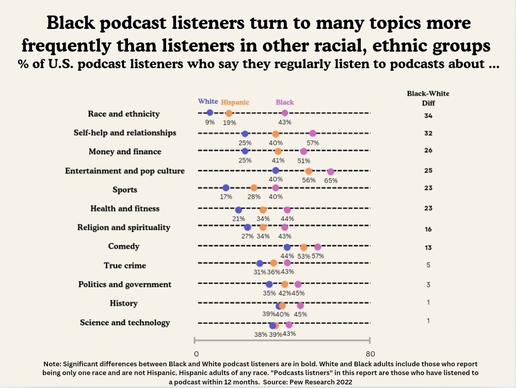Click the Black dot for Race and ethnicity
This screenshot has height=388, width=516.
[x=285, y=113]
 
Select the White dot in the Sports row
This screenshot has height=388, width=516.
[x=225, y=188]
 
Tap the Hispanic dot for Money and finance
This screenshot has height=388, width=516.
[x=278, y=151]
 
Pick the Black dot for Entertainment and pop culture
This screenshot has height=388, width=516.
[x=331, y=172]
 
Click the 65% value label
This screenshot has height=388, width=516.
[x=331, y=180]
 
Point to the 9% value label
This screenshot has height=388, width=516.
[x=209, y=122]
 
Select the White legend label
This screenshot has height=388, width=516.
[x=208, y=102]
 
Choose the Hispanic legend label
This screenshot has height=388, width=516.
[x=235, y=102]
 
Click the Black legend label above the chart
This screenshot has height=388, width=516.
[x=285, y=102]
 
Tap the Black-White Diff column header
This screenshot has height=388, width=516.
[x=428, y=98]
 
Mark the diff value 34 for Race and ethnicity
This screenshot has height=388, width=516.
[x=428, y=115]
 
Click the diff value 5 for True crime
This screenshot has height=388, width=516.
[x=428, y=265]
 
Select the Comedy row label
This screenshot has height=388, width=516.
[x=124, y=246]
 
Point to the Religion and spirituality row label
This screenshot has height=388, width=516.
[x=124, y=227]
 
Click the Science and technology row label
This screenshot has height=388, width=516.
[x=125, y=322]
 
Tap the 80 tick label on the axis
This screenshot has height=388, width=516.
[x=370, y=354]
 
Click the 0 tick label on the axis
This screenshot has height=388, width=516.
[x=197, y=354]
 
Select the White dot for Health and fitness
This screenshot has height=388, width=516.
[x=238, y=210]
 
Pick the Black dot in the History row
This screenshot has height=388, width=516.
[x=300, y=305]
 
